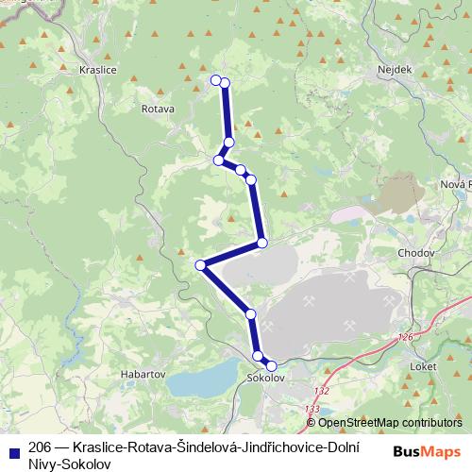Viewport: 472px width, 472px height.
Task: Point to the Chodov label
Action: tap(416, 254)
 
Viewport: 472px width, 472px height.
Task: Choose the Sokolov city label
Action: tap(264, 378)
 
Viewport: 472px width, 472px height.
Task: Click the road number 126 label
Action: tap(407, 337)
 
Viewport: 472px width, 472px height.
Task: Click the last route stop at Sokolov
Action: tap(272, 365)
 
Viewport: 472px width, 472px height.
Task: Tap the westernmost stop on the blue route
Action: tap(200, 265)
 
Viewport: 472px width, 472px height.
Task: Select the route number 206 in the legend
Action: tap(40, 447)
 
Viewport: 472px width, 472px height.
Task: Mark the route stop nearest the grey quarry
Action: tap(262, 244)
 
